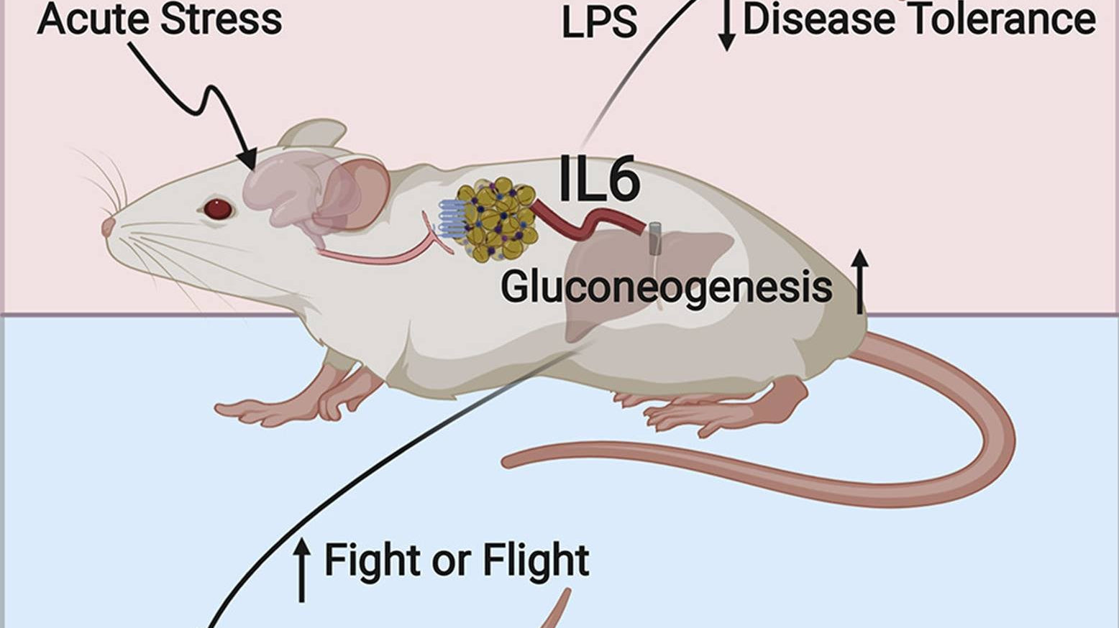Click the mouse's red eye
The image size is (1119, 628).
coord(217,209)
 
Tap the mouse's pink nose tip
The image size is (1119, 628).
coord(108,227)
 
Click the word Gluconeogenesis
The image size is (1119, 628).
coord(666,287)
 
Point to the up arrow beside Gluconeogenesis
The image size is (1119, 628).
coord(860,282)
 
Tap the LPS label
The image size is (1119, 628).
coord(599,23)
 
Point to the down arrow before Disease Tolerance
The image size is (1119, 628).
coord(727,25)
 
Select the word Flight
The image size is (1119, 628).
coord(536,560)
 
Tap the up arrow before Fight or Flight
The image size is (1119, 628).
coord(302,571)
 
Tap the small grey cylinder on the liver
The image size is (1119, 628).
coord(654,239)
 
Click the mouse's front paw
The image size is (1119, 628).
coord(252,411)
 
